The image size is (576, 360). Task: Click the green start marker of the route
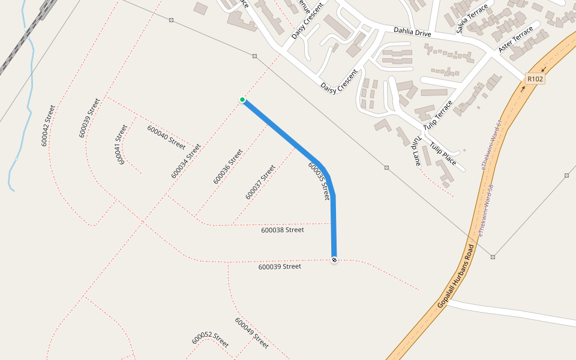[242, 100]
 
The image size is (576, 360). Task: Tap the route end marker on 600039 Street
[334, 259]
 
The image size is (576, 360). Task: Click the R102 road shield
[535, 79]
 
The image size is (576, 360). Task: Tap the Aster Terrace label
[515, 38]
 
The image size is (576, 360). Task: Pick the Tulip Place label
[443, 154]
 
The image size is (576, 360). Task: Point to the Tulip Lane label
[416, 149]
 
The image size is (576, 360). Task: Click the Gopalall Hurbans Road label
[456, 277]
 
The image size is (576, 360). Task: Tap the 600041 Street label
[122, 145]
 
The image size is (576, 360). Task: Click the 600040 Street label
[166, 136]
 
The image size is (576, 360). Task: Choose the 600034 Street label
[186, 160]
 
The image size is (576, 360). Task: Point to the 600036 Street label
[228, 166]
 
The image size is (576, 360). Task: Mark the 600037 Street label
[260, 182]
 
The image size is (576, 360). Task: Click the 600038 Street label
[283, 230]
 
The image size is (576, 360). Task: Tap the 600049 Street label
[251, 333]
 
